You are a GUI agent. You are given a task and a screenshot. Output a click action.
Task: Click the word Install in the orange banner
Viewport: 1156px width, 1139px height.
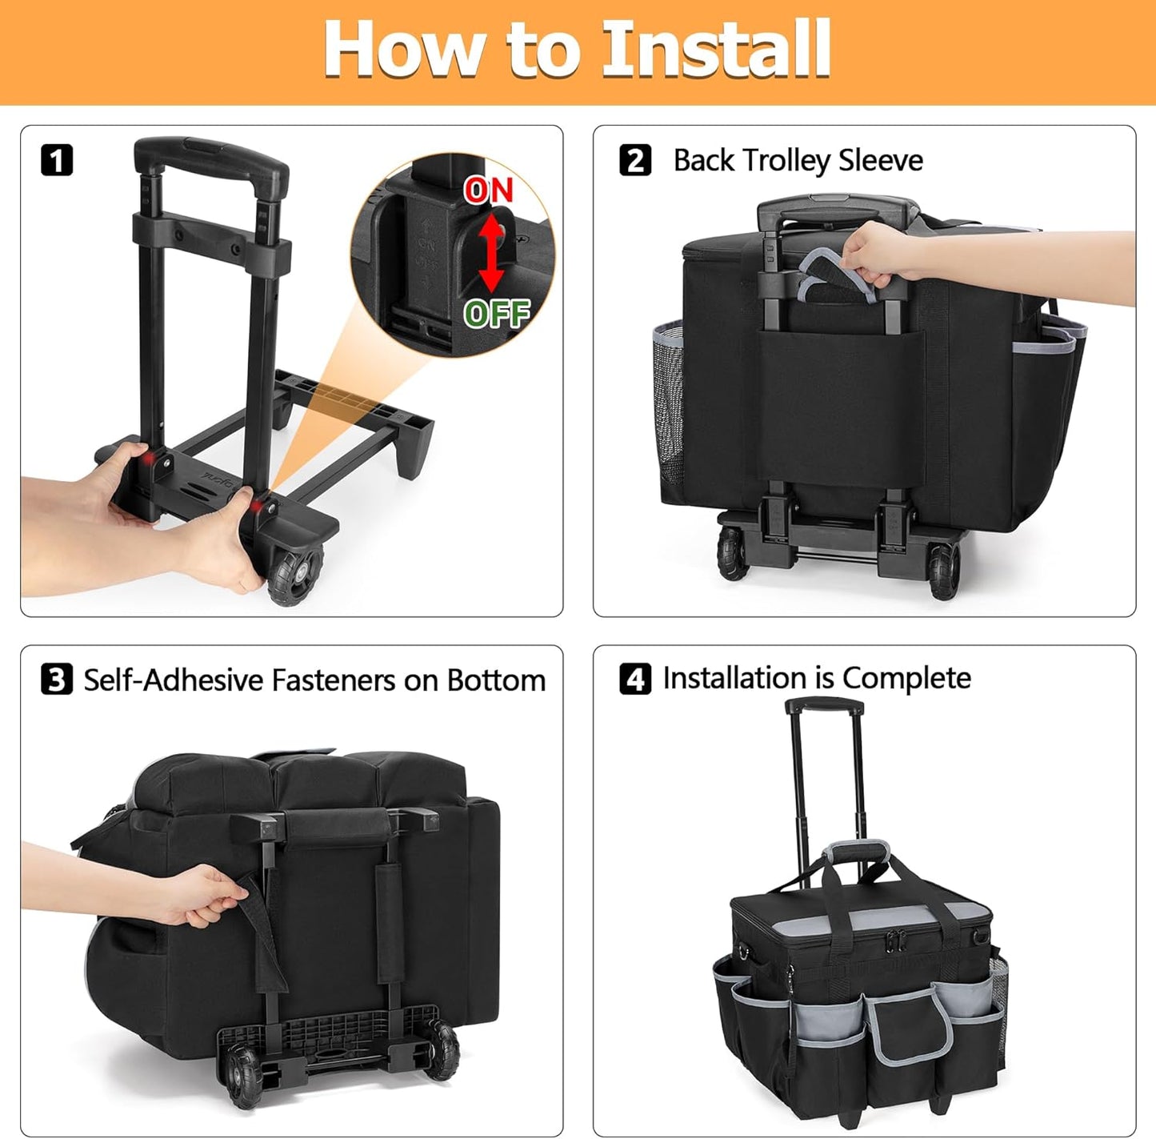click(x=716, y=50)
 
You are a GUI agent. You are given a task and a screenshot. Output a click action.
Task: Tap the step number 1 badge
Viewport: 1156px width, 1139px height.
click(x=56, y=160)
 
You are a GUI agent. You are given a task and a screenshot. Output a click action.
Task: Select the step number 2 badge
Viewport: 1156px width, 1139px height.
click(x=635, y=160)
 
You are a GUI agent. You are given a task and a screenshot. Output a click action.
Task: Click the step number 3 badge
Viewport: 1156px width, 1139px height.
click(x=57, y=680)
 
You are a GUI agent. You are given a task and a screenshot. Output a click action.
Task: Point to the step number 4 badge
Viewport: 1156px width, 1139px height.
click(x=635, y=679)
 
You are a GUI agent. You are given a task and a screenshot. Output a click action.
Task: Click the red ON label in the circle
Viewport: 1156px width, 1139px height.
click(x=488, y=191)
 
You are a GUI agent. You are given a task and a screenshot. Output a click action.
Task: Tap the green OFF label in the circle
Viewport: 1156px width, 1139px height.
click(x=497, y=313)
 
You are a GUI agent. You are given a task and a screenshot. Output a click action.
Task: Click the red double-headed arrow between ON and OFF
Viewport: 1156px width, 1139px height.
click(x=491, y=252)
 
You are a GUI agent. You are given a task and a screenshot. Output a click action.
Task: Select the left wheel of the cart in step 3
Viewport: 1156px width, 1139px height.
click(x=242, y=1077)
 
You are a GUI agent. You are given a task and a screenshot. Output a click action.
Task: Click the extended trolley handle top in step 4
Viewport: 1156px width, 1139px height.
click(x=824, y=707)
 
